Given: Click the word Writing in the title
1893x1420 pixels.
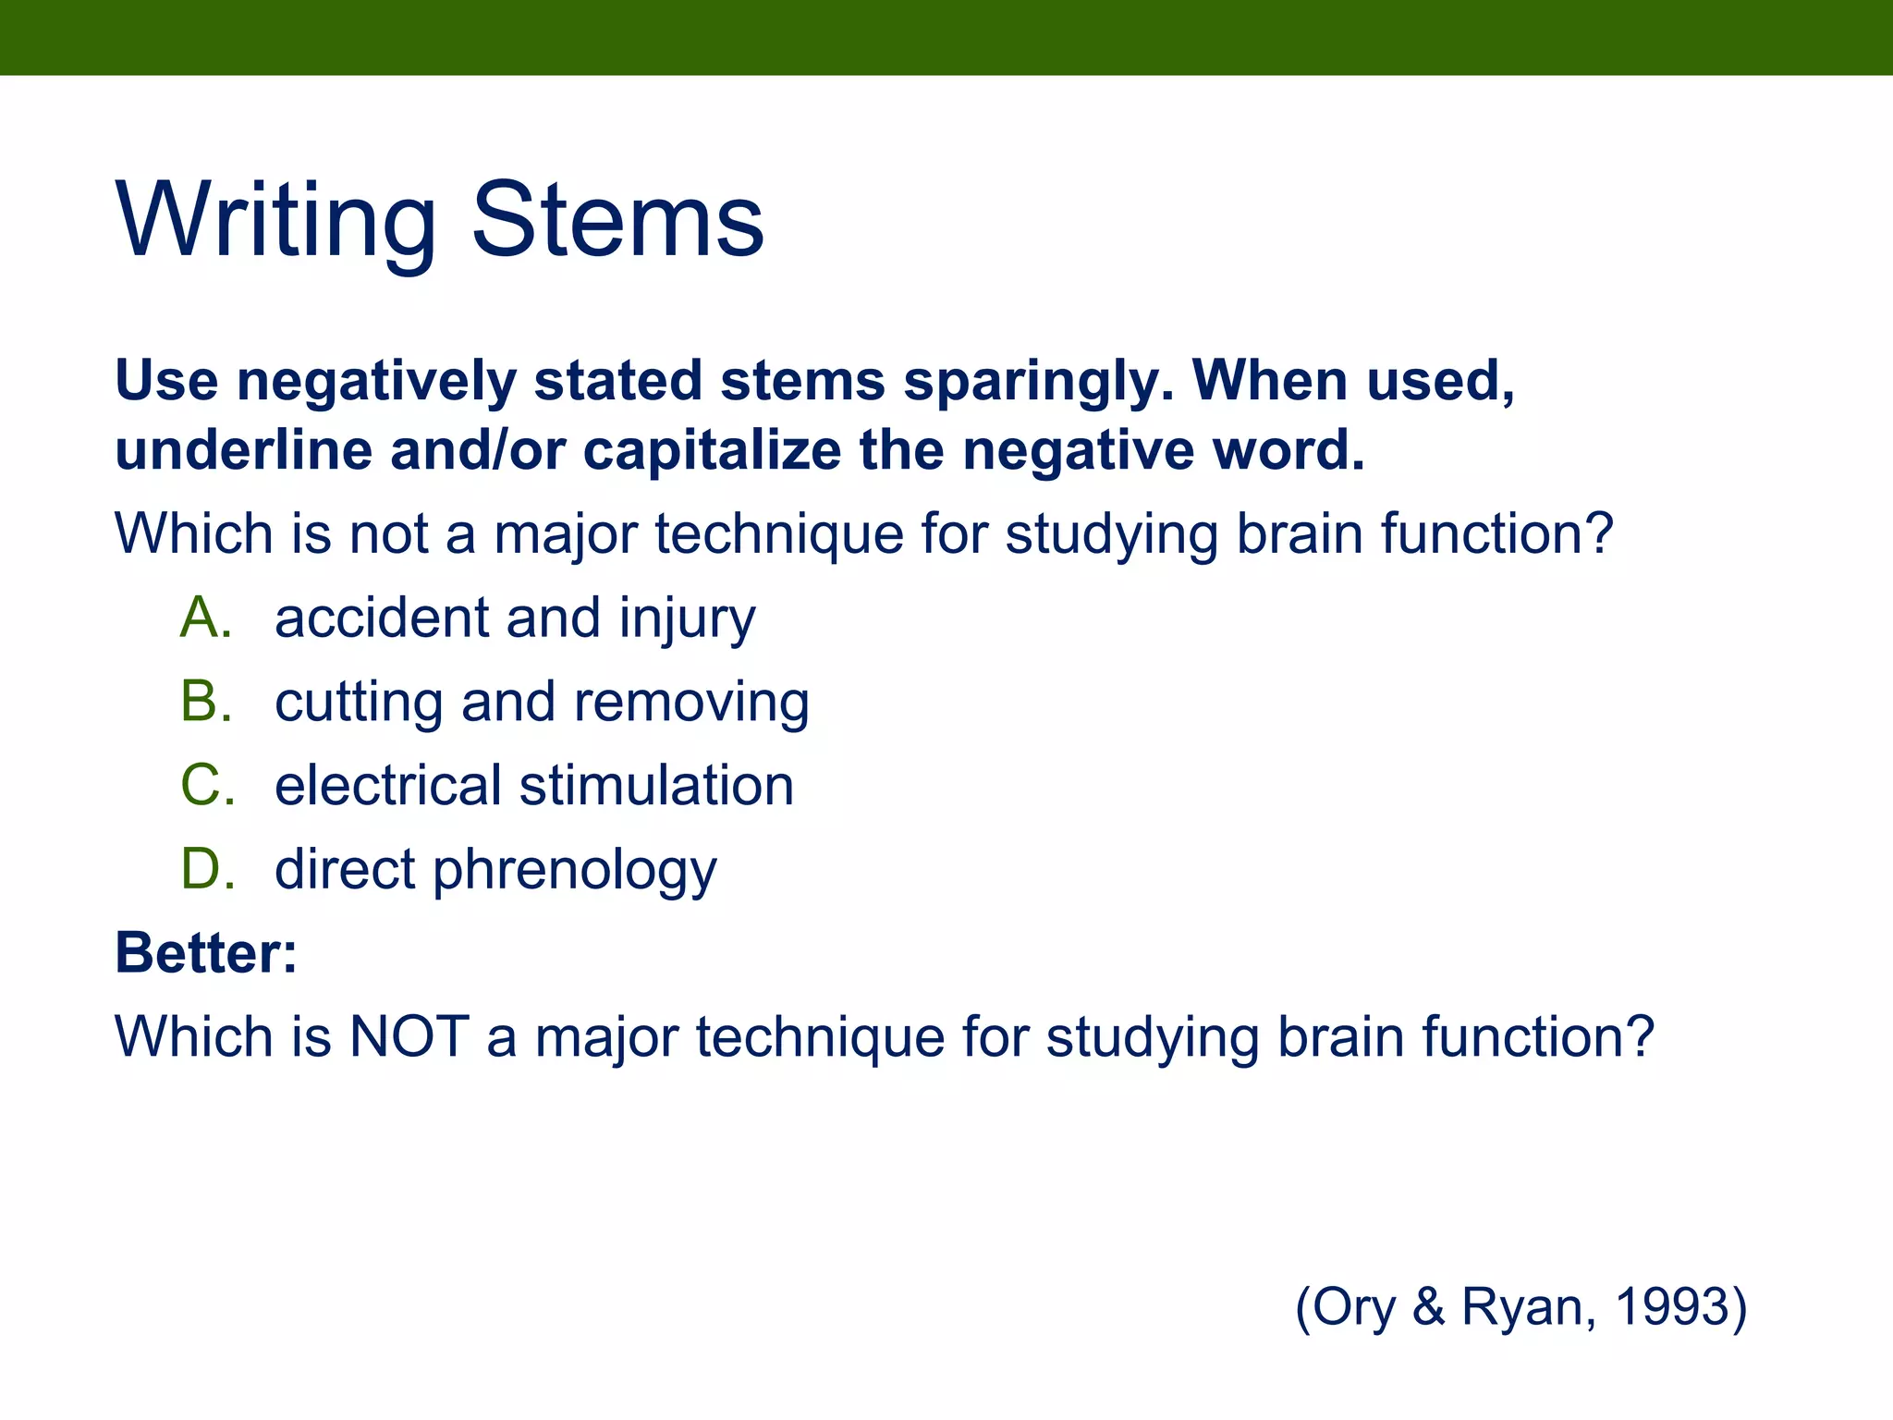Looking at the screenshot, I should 275,222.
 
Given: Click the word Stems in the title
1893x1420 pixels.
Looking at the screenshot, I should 617,222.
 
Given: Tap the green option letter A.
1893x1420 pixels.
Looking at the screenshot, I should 205,618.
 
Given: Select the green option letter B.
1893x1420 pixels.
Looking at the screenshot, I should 205,701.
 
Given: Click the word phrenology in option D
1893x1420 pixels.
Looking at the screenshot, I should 574,871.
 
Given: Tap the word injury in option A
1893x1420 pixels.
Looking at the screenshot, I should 687,619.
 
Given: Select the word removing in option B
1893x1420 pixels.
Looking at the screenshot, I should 691,703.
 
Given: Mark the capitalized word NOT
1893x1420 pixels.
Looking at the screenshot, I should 409,1036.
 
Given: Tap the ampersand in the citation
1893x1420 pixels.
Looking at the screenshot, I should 1428,1306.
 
